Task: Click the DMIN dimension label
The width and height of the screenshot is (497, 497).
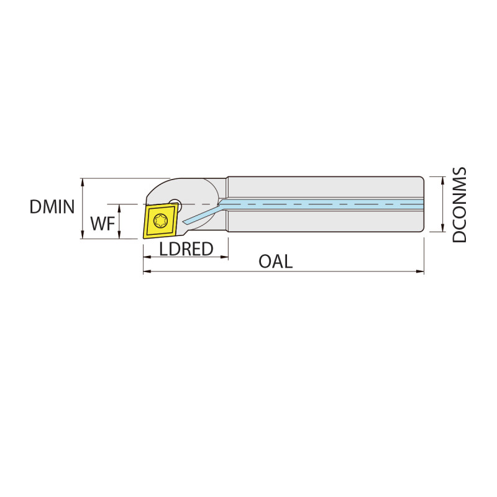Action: pos(52,207)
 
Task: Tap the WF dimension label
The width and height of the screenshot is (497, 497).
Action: pos(103,224)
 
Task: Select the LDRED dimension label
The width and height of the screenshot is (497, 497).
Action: pos(186,249)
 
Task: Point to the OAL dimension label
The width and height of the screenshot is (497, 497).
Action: pos(276,262)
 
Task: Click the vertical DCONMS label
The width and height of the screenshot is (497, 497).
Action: pos(460,205)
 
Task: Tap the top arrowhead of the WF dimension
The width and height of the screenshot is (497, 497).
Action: pos(118,207)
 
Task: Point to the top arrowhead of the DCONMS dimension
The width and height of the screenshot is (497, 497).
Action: pos(442,180)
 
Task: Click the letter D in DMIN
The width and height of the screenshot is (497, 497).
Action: pos(35,207)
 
